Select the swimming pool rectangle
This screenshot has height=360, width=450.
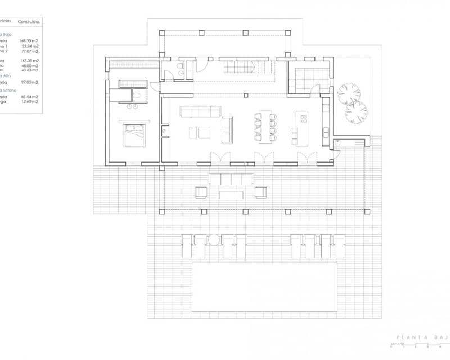point(265,286)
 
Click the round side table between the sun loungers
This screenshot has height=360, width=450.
point(214,240)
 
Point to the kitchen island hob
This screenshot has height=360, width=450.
point(304,119)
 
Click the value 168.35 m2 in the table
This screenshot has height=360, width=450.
point(29,41)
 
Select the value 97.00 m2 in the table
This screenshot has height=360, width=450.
point(29,83)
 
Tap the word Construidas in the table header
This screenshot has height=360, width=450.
point(28,21)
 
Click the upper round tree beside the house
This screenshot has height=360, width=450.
point(349,93)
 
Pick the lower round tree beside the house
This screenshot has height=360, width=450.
point(355,112)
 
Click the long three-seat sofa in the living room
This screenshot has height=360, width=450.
point(200,111)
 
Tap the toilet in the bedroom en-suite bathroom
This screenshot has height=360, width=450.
point(137,105)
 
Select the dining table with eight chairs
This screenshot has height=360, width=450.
point(265,127)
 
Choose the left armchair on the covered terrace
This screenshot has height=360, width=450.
point(201,192)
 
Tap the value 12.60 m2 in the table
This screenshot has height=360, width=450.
point(29,102)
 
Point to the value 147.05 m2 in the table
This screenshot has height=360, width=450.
point(29,60)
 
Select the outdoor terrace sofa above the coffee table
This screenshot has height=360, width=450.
point(231,179)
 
